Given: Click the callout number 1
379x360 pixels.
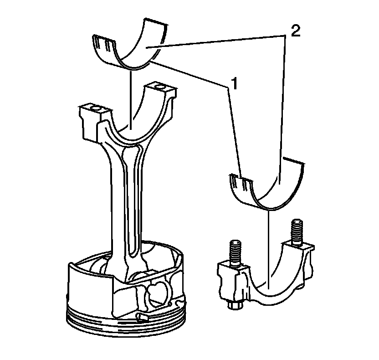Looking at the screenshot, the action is [x=234, y=83].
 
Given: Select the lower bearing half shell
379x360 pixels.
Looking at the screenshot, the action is [x=273, y=187].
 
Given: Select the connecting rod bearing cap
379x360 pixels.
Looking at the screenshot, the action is [x=269, y=287].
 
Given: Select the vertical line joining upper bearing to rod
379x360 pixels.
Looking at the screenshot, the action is [x=132, y=96].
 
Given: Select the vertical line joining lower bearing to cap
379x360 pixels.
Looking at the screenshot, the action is [x=270, y=246].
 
